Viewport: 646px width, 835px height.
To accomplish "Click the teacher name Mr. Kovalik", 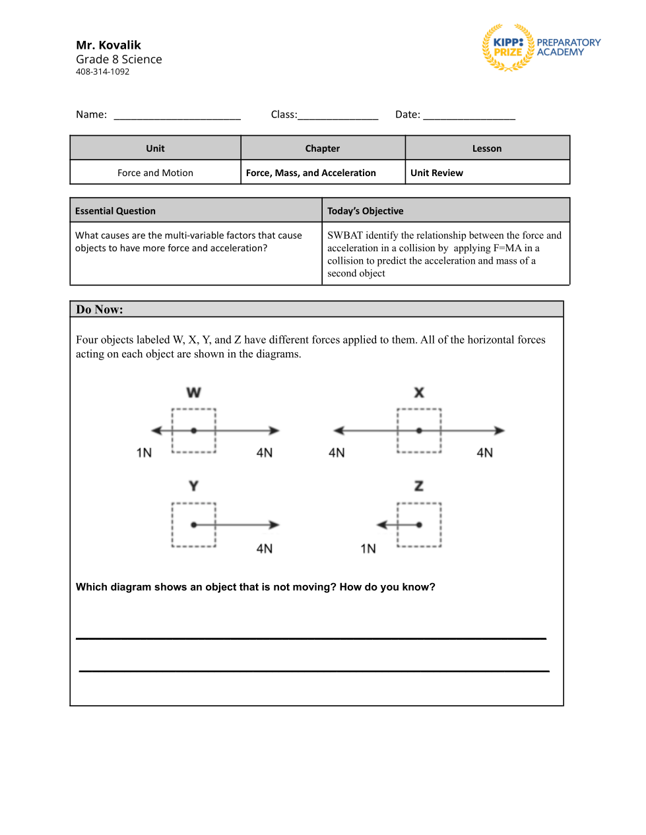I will [108, 45].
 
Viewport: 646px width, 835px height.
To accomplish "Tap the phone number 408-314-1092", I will [102, 72].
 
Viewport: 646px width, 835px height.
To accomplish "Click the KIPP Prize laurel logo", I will [508, 47].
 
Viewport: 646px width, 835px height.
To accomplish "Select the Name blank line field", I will [177, 115].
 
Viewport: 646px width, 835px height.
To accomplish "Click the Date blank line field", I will [469, 115].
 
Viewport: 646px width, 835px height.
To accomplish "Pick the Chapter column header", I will [323, 148].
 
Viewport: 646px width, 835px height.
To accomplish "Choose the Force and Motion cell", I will [155, 173].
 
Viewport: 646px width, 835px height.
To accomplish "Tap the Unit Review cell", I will [437, 173].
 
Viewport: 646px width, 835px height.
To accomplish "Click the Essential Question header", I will [115, 211].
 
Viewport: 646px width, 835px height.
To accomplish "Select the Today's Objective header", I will [365, 211].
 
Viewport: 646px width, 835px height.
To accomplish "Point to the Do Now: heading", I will [100, 309].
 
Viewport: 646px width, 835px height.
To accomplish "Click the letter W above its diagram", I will [193, 392].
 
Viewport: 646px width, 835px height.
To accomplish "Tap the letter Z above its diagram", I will [418, 486].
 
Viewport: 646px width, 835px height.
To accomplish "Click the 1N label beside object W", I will [144, 452].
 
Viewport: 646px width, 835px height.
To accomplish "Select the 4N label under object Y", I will [264, 549].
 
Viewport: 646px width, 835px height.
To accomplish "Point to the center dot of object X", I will [419, 431].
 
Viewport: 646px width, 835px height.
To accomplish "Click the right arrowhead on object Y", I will [275, 525].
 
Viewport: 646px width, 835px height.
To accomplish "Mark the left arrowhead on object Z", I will [381, 525].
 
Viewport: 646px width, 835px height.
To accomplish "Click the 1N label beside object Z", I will [368, 549].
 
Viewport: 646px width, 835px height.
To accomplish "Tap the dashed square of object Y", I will [194, 505].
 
